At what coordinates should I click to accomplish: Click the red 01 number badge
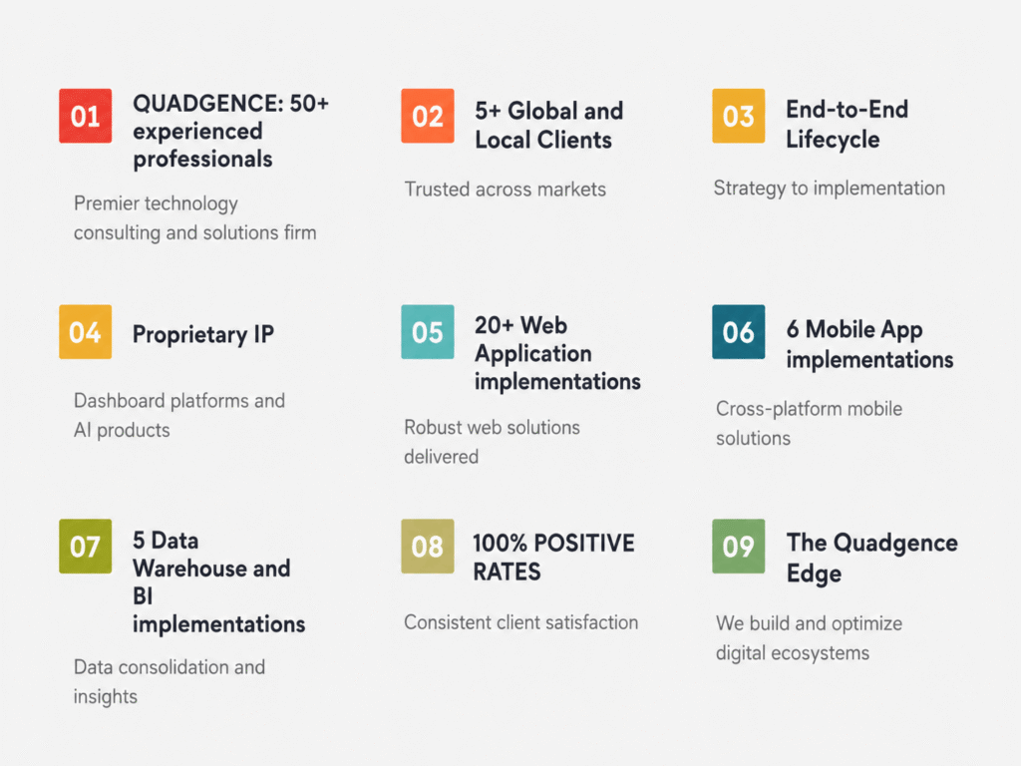tap(86, 116)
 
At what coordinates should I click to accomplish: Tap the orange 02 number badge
tap(428, 116)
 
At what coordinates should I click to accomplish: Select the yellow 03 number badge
tap(739, 116)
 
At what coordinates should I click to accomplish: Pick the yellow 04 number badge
tap(86, 331)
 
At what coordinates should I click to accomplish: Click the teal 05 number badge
tap(428, 331)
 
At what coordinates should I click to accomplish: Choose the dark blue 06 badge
tap(739, 331)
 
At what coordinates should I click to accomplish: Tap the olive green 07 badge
tap(86, 546)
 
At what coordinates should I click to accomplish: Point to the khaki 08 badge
tap(428, 546)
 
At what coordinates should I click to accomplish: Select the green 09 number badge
tap(739, 546)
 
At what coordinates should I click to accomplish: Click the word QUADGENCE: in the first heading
tap(207, 104)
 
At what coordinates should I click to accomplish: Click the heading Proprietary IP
tap(203, 335)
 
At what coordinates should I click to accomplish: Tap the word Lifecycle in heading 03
tap(833, 140)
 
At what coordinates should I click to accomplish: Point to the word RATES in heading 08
tap(507, 572)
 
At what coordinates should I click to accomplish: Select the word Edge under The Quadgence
tap(814, 574)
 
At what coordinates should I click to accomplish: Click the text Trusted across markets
tap(506, 190)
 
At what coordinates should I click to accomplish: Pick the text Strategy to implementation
tap(830, 189)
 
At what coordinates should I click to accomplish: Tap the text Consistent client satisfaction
tap(520, 622)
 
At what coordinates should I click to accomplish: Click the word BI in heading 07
tap(143, 596)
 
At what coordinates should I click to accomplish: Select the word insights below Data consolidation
tap(106, 697)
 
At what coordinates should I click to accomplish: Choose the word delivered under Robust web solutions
tap(442, 457)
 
